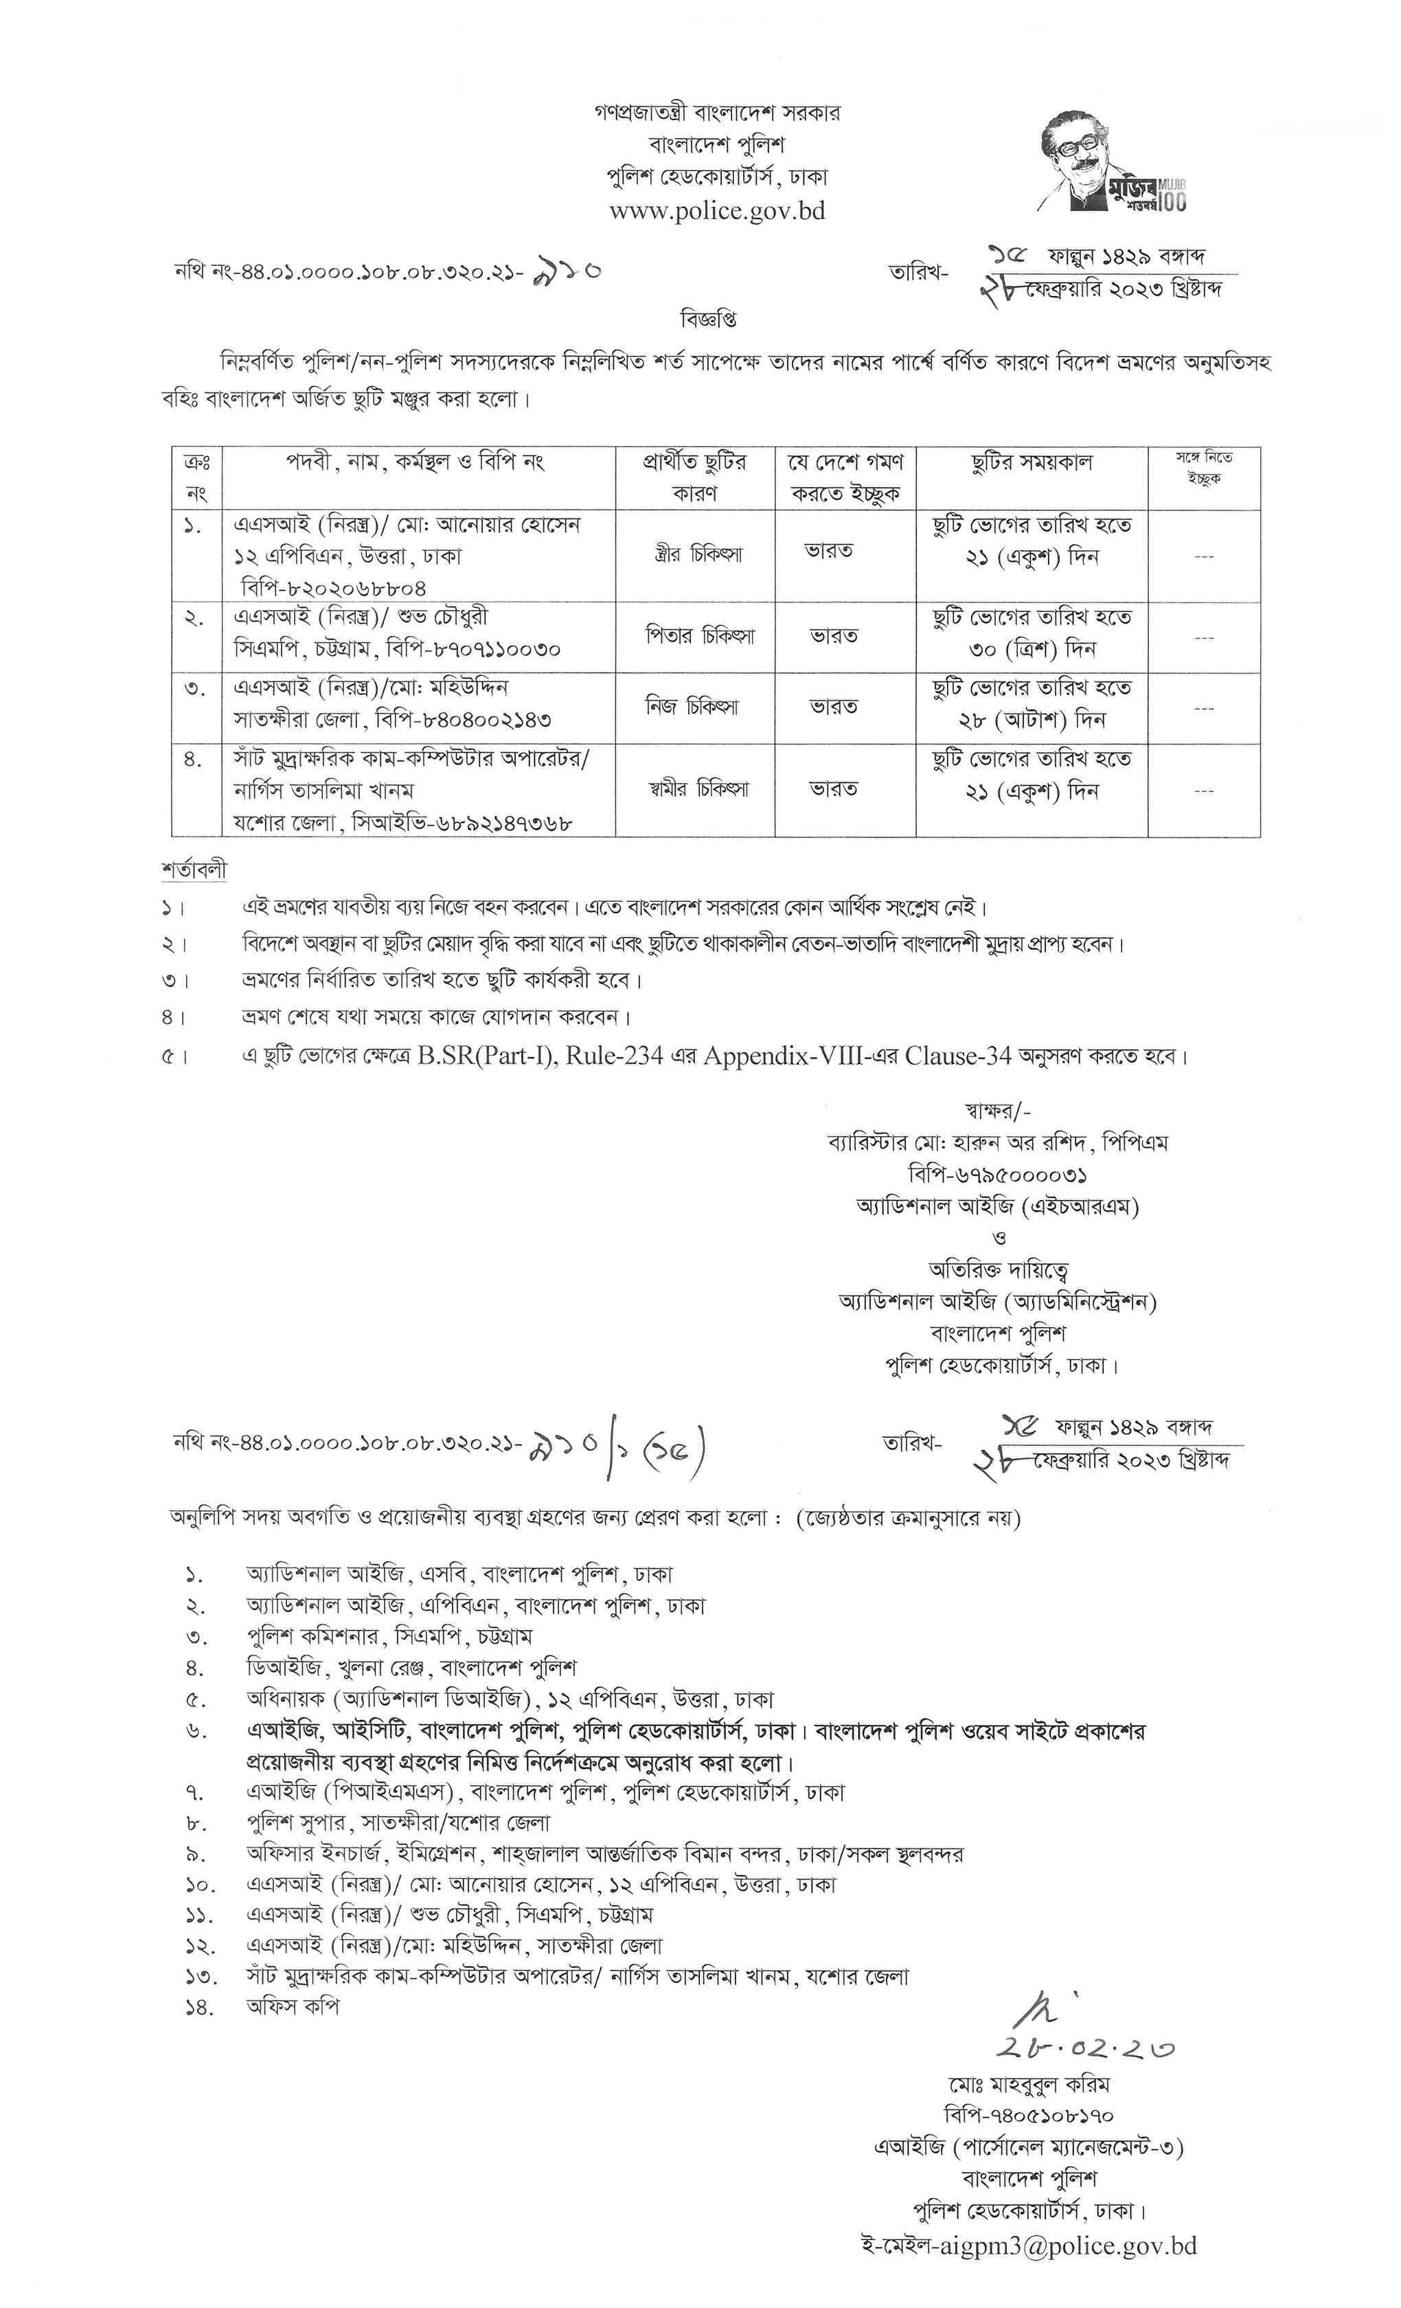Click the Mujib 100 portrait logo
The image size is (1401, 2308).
1110,160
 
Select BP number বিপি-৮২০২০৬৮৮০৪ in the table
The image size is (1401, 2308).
332,587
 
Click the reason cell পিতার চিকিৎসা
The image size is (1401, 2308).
694,637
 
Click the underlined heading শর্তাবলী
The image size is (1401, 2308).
194,870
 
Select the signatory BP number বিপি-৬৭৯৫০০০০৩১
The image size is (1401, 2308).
996,1175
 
